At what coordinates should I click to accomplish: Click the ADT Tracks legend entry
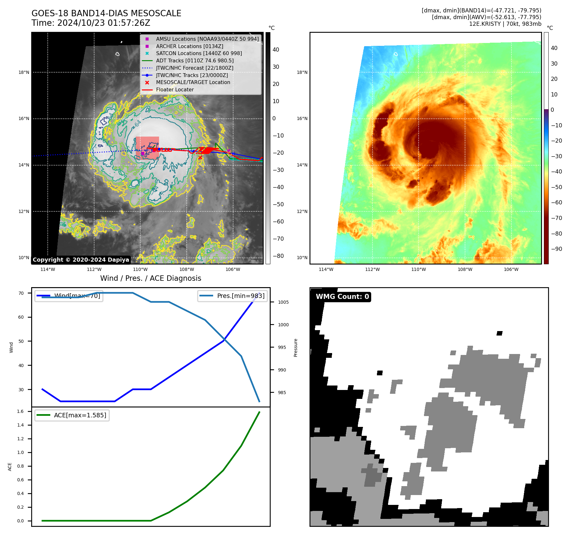[x=195, y=60]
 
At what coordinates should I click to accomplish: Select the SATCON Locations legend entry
[x=198, y=53]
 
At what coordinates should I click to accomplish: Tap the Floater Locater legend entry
[x=175, y=90]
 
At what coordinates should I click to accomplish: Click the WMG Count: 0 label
[x=342, y=297]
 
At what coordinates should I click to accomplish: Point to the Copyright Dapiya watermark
[x=81, y=260]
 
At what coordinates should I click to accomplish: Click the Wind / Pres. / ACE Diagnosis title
[x=150, y=278]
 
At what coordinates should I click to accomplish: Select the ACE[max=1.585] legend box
[x=72, y=415]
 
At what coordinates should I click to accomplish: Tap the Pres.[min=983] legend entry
[x=233, y=296]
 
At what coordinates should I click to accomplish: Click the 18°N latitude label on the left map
[x=24, y=72]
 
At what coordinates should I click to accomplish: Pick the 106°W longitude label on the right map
[x=511, y=269]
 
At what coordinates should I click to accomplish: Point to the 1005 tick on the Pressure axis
[x=283, y=302]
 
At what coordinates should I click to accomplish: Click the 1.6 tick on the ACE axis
[x=20, y=412]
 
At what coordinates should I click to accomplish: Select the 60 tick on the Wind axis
[x=21, y=317]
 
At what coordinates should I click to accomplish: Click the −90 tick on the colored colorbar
[x=556, y=249]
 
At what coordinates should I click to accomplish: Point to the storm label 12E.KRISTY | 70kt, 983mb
[x=505, y=24]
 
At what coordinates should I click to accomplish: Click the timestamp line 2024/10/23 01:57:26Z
[x=91, y=23]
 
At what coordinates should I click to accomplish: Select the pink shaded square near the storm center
[x=147, y=147]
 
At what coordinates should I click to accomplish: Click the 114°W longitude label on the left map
[x=48, y=269]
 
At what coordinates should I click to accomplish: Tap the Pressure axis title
[x=296, y=348]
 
